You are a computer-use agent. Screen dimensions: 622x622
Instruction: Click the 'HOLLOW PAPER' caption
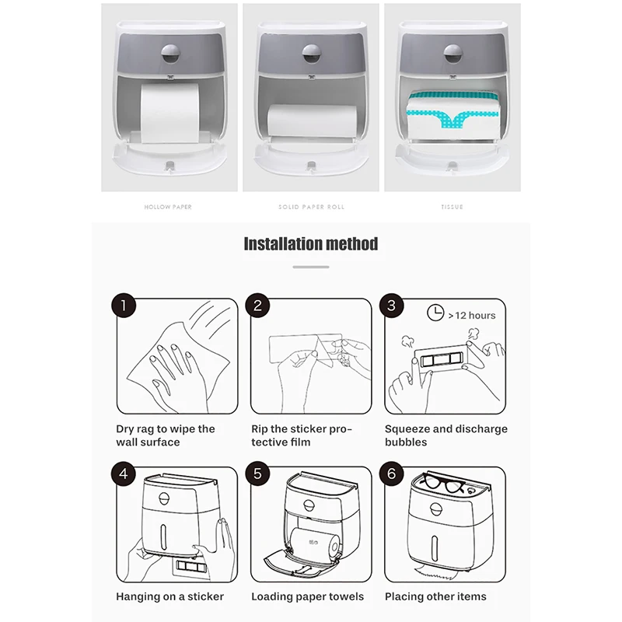(x=168, y=207)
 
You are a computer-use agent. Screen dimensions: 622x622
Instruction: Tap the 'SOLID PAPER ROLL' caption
(x=311, y=207)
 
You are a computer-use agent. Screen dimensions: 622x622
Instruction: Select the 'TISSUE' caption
(x=453, y=207)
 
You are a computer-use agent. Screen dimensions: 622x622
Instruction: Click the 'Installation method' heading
(x=311, y=243)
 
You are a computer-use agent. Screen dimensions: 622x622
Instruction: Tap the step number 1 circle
(x=124, y=305)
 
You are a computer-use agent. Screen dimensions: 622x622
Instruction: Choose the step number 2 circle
(x=258, y=305)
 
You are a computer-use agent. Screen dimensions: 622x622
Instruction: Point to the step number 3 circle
(x=392, y=305)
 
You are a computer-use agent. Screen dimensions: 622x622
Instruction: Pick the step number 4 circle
(x=124, y=473)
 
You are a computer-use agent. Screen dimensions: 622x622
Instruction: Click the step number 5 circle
(x=258, y=473)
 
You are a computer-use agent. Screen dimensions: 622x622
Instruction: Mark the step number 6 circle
(x=392, y=473)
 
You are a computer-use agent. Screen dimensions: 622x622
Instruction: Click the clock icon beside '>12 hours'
(x=435, y=313)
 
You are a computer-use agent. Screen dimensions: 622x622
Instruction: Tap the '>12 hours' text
(x=472, y=316)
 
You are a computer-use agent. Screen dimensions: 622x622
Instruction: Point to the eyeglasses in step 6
(x=443, y=483)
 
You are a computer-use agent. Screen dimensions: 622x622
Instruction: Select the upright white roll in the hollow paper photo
(x=169, y=113)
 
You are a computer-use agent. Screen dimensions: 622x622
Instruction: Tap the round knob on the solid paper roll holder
(x=312, y=54)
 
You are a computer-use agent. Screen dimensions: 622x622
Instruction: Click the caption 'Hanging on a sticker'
(x=169, y=596)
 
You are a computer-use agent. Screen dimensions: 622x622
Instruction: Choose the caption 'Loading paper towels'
(x=307, y=596)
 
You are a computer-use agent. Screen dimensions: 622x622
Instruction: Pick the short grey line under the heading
(x=311, y=267)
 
